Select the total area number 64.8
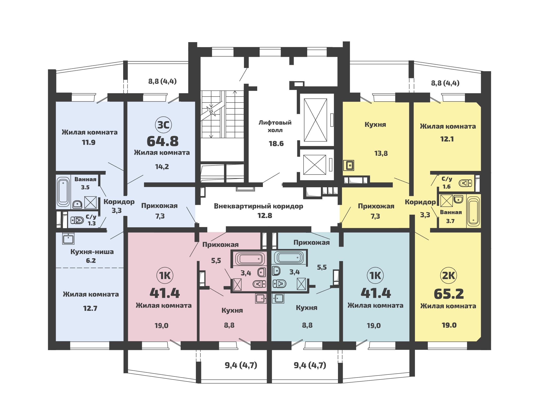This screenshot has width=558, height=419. point(163,141)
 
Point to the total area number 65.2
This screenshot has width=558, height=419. point(449,294)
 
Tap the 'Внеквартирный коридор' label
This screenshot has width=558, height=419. point(259,206)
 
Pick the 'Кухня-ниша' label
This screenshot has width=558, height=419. point(92,252)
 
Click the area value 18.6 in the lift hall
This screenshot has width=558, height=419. point(276,144)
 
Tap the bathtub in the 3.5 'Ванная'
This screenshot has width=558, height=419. point(63,192)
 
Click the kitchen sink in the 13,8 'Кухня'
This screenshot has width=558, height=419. point(349,166)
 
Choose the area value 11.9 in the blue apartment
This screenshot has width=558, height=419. point(89,143)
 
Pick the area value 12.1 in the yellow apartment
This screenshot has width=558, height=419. point(447,139)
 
